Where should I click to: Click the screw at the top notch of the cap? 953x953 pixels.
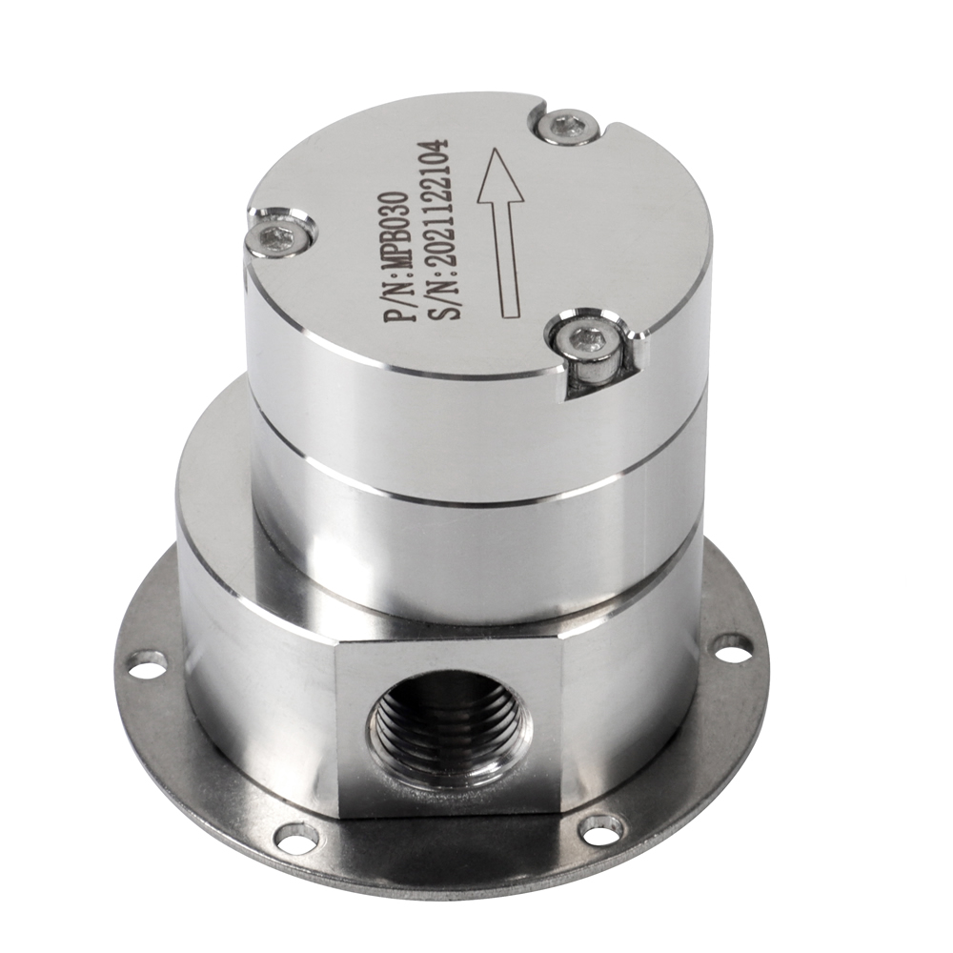point(569,126)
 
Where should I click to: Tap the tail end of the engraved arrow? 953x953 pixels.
point(512,314)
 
